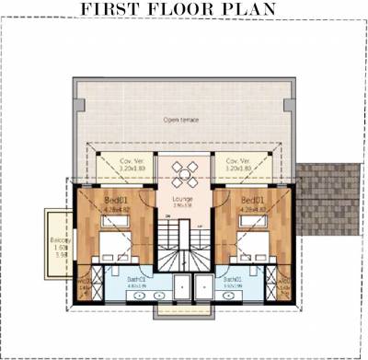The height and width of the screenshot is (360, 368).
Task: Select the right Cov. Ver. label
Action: [239, 161]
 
